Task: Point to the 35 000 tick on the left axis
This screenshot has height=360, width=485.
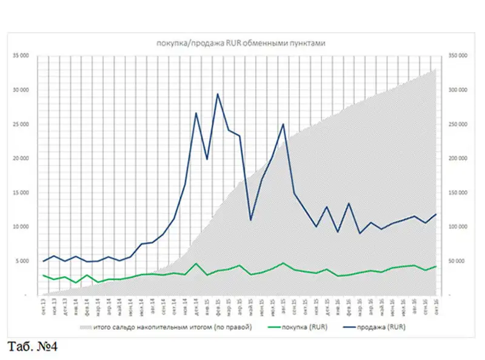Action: click(22, 56)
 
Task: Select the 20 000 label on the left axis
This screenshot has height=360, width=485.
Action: click(22, 158)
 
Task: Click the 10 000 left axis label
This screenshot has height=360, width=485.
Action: click(22, 227)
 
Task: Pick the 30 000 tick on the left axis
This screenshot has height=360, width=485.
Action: click(22, 90)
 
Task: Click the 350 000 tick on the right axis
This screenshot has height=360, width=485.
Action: click(457, 56)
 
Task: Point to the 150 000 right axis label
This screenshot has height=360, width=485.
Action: click(457, 193)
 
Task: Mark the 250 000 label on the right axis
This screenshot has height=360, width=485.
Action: click(457, 124)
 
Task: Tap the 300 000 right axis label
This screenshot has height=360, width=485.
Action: click(457, 90)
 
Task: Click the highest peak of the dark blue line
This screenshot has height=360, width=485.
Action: click(218, 94)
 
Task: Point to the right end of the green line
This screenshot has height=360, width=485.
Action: click(436, 267)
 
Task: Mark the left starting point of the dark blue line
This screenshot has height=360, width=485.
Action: click(44, 261)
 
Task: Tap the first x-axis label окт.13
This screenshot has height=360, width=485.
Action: click(44, 308)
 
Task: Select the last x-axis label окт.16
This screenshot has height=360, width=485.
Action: click(436, 308)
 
